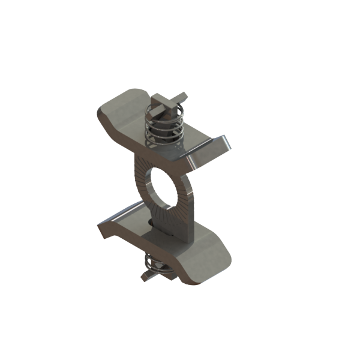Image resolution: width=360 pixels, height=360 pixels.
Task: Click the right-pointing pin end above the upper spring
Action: [182, 110]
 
